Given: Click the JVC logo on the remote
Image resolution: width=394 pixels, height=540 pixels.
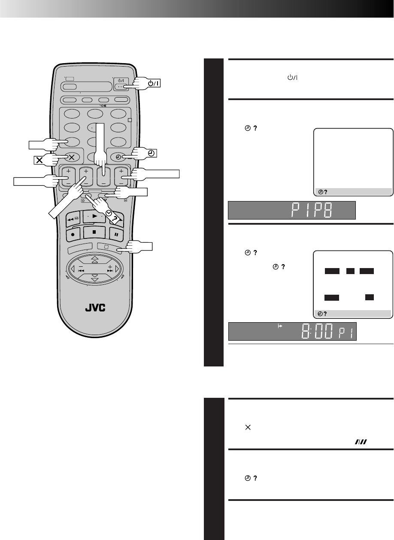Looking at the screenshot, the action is [x=95, y=308].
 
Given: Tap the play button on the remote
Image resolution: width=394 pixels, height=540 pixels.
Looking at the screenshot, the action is [x=94, y=216].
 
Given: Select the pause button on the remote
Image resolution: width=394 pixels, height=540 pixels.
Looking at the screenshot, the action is [x=116, y=234].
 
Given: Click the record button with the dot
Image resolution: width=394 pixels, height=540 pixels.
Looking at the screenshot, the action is [x=73, y=234].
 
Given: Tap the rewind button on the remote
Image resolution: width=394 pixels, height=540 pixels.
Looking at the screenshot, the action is [x=73, y=219].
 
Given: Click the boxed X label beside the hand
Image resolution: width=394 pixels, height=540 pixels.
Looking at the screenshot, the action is [x=39, y=160].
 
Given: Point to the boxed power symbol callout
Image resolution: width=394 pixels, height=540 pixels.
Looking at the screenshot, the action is [x=153, y=83].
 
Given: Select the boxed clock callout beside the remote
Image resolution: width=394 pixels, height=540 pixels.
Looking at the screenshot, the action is [x=151, y=153].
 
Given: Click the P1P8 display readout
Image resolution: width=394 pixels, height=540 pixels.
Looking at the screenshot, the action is [x=312, y=210].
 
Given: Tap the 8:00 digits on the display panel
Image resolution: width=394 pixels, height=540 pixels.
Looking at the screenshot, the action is [x=317, y=331].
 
